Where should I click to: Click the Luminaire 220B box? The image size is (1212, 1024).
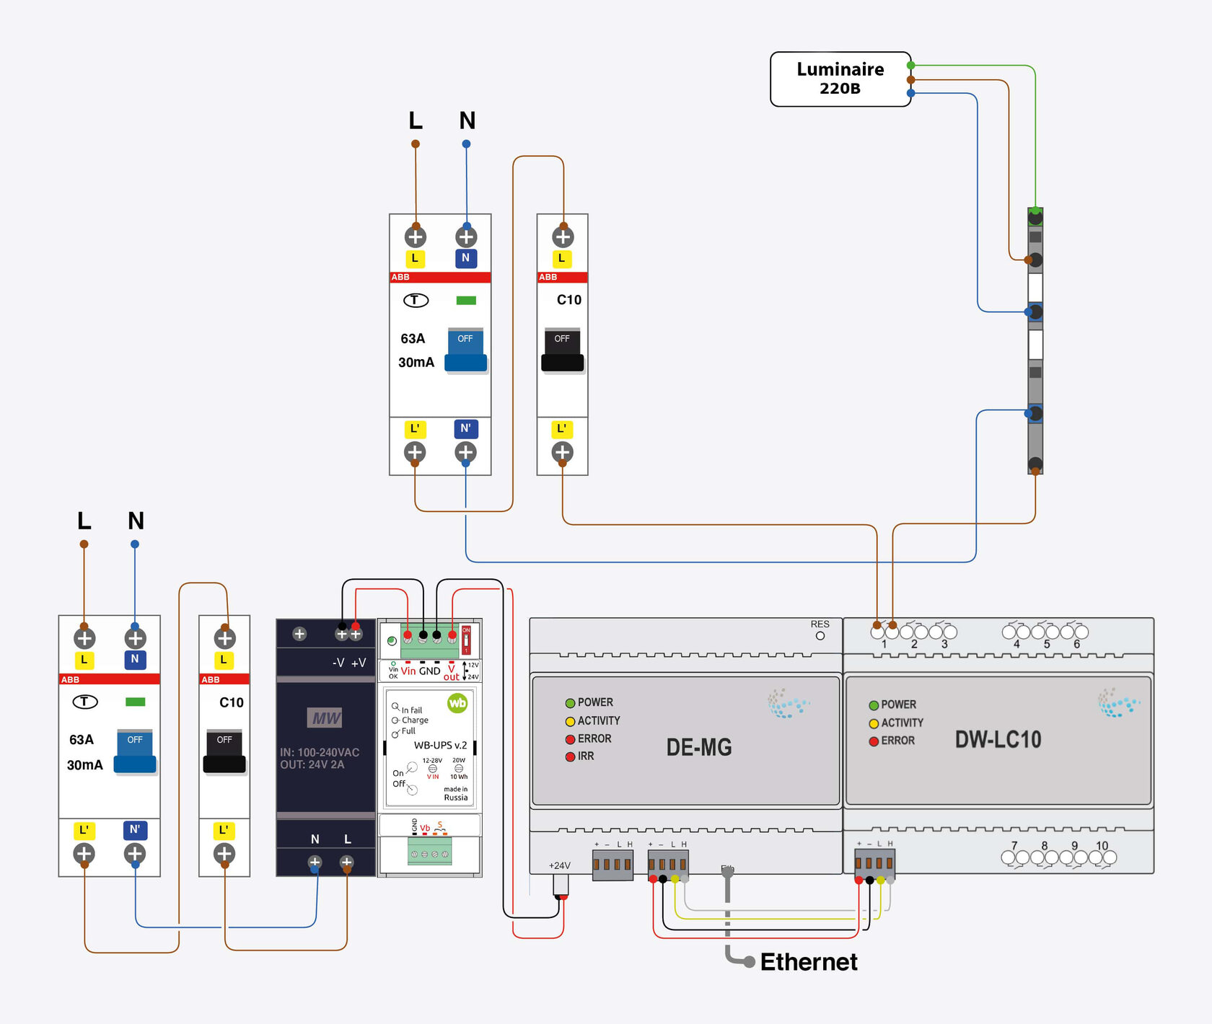(x=840, y=79)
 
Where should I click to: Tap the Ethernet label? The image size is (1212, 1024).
(x=808, y=962)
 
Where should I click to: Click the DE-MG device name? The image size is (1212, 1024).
(x=698, y=747)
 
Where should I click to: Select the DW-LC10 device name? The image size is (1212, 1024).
(x=998, y=740)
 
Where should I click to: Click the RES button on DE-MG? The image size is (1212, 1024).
(x=820, y=635)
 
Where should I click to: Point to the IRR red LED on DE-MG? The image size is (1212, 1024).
(x=570, y=756)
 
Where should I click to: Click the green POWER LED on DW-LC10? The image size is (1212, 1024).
(x=874, y=705)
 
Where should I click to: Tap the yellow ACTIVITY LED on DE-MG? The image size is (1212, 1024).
(x=570, y=721)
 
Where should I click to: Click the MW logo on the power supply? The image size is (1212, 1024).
(x=326, y=718)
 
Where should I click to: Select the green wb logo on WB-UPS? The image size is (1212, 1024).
(x=457, y=703)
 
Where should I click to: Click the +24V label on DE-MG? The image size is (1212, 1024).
(x=559, y=865)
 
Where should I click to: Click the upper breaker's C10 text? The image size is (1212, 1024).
(x=568, y=300)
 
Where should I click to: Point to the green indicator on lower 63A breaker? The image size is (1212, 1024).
(x=135, y=702)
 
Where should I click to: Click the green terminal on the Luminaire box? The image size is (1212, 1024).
(x=910, y=66)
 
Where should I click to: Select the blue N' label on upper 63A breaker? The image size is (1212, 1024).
(x=465, y=428)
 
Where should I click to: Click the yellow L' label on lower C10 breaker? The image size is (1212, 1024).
(x=224, y=830)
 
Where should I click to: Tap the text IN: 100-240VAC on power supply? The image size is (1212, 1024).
(x=319, y=752)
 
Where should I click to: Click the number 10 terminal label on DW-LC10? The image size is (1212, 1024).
(x=1102, y=846)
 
